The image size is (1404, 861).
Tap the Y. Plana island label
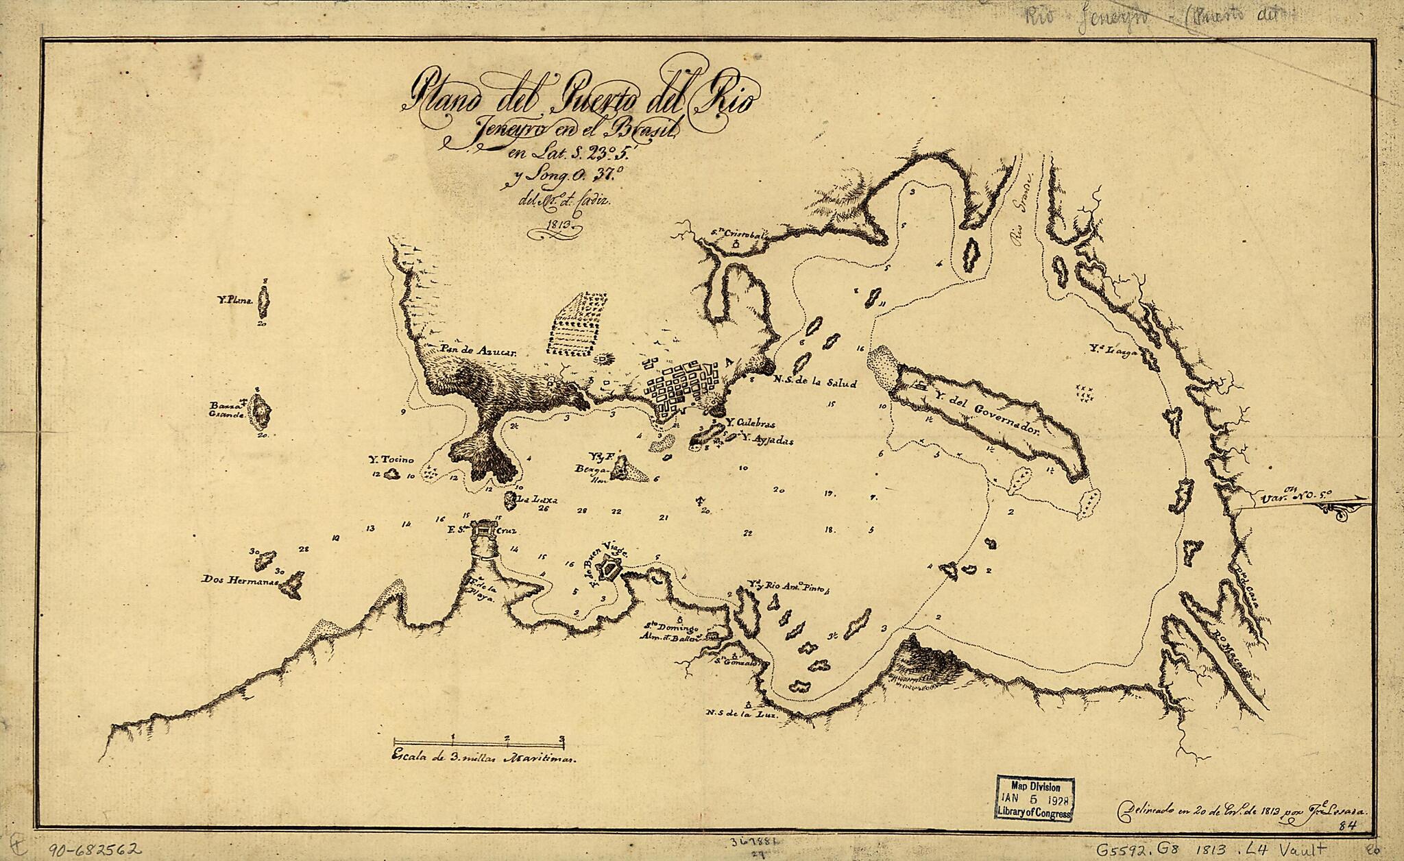(x=233, y=300)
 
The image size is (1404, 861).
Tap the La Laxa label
(x=540, y=499)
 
